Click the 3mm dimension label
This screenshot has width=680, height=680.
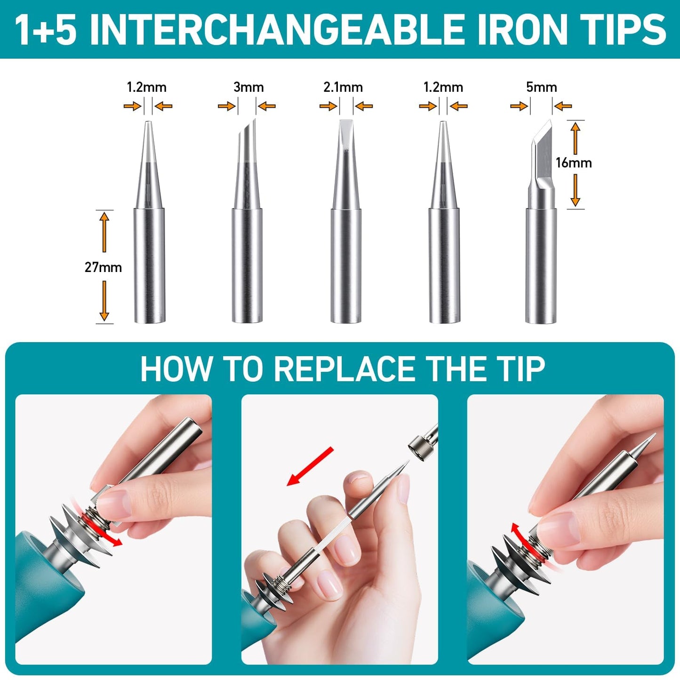click(x=248, y=87)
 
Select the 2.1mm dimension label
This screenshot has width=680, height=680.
click(x=343, y=87)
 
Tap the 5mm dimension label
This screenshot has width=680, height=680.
click(x=542, y=87)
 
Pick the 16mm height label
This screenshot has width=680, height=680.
click(x=574, y=163)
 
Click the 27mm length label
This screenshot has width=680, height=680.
click(x=103, y=267)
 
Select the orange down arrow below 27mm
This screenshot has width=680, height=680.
click(x=104, y=301)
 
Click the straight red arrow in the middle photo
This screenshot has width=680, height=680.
click(x=310, y=466)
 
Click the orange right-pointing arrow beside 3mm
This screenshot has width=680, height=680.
click(x=226, y=106)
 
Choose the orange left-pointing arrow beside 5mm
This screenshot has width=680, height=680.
click(x=563, y=106)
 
